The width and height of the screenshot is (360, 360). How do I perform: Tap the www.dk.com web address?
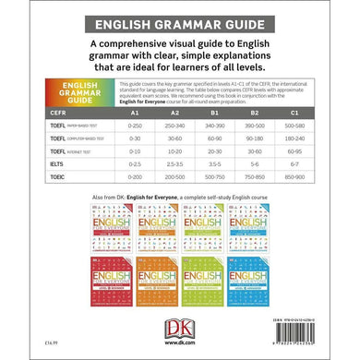[179, 343]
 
